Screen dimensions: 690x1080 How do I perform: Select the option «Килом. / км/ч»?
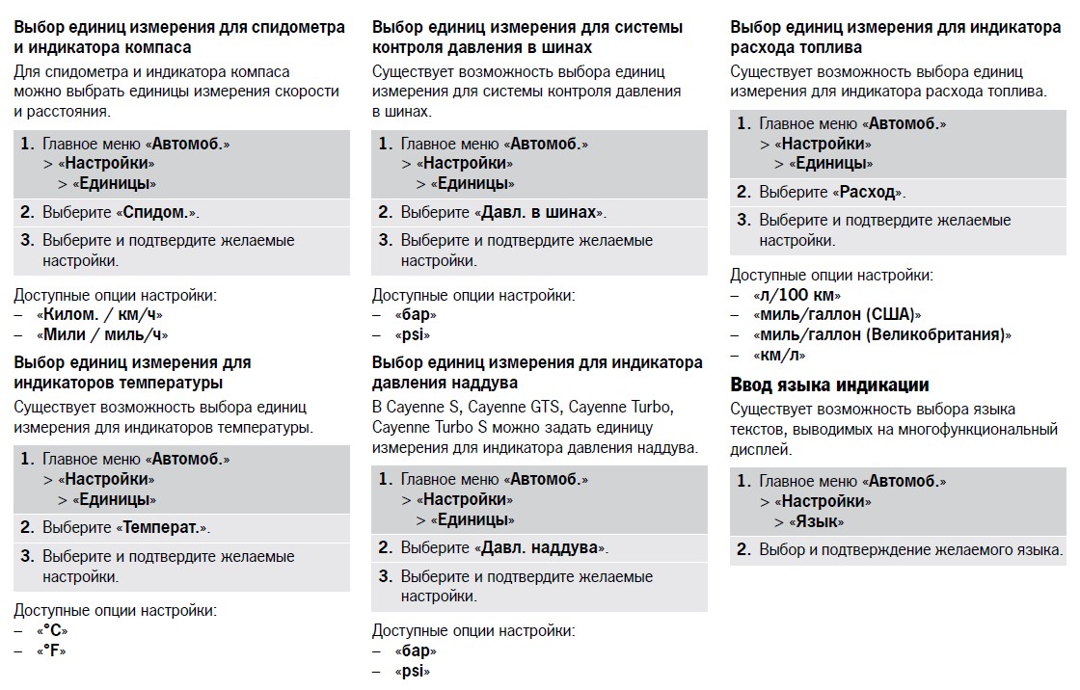[x=99, y=314]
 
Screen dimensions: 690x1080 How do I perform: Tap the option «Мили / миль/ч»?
[x=104, y=334]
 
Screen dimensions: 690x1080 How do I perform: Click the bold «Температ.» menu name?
[x=162, y=528]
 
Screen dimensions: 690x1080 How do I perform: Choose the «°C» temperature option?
[x=54, y=630]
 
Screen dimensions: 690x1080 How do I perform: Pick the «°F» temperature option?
[x=53, y=650]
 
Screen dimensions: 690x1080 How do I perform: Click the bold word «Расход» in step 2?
[x=868, y=192]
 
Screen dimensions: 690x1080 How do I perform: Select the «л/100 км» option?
[x=797, y=295]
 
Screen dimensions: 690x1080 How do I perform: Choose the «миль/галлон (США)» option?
[x=838, y=315]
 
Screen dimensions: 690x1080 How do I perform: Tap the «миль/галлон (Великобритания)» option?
[x=882, y=334]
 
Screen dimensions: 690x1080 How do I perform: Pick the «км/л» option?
[x=780, y=355]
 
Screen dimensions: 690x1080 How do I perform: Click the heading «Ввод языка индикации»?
[x=829, y=385]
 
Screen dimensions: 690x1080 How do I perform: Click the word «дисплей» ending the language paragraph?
[x=761, y=449]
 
